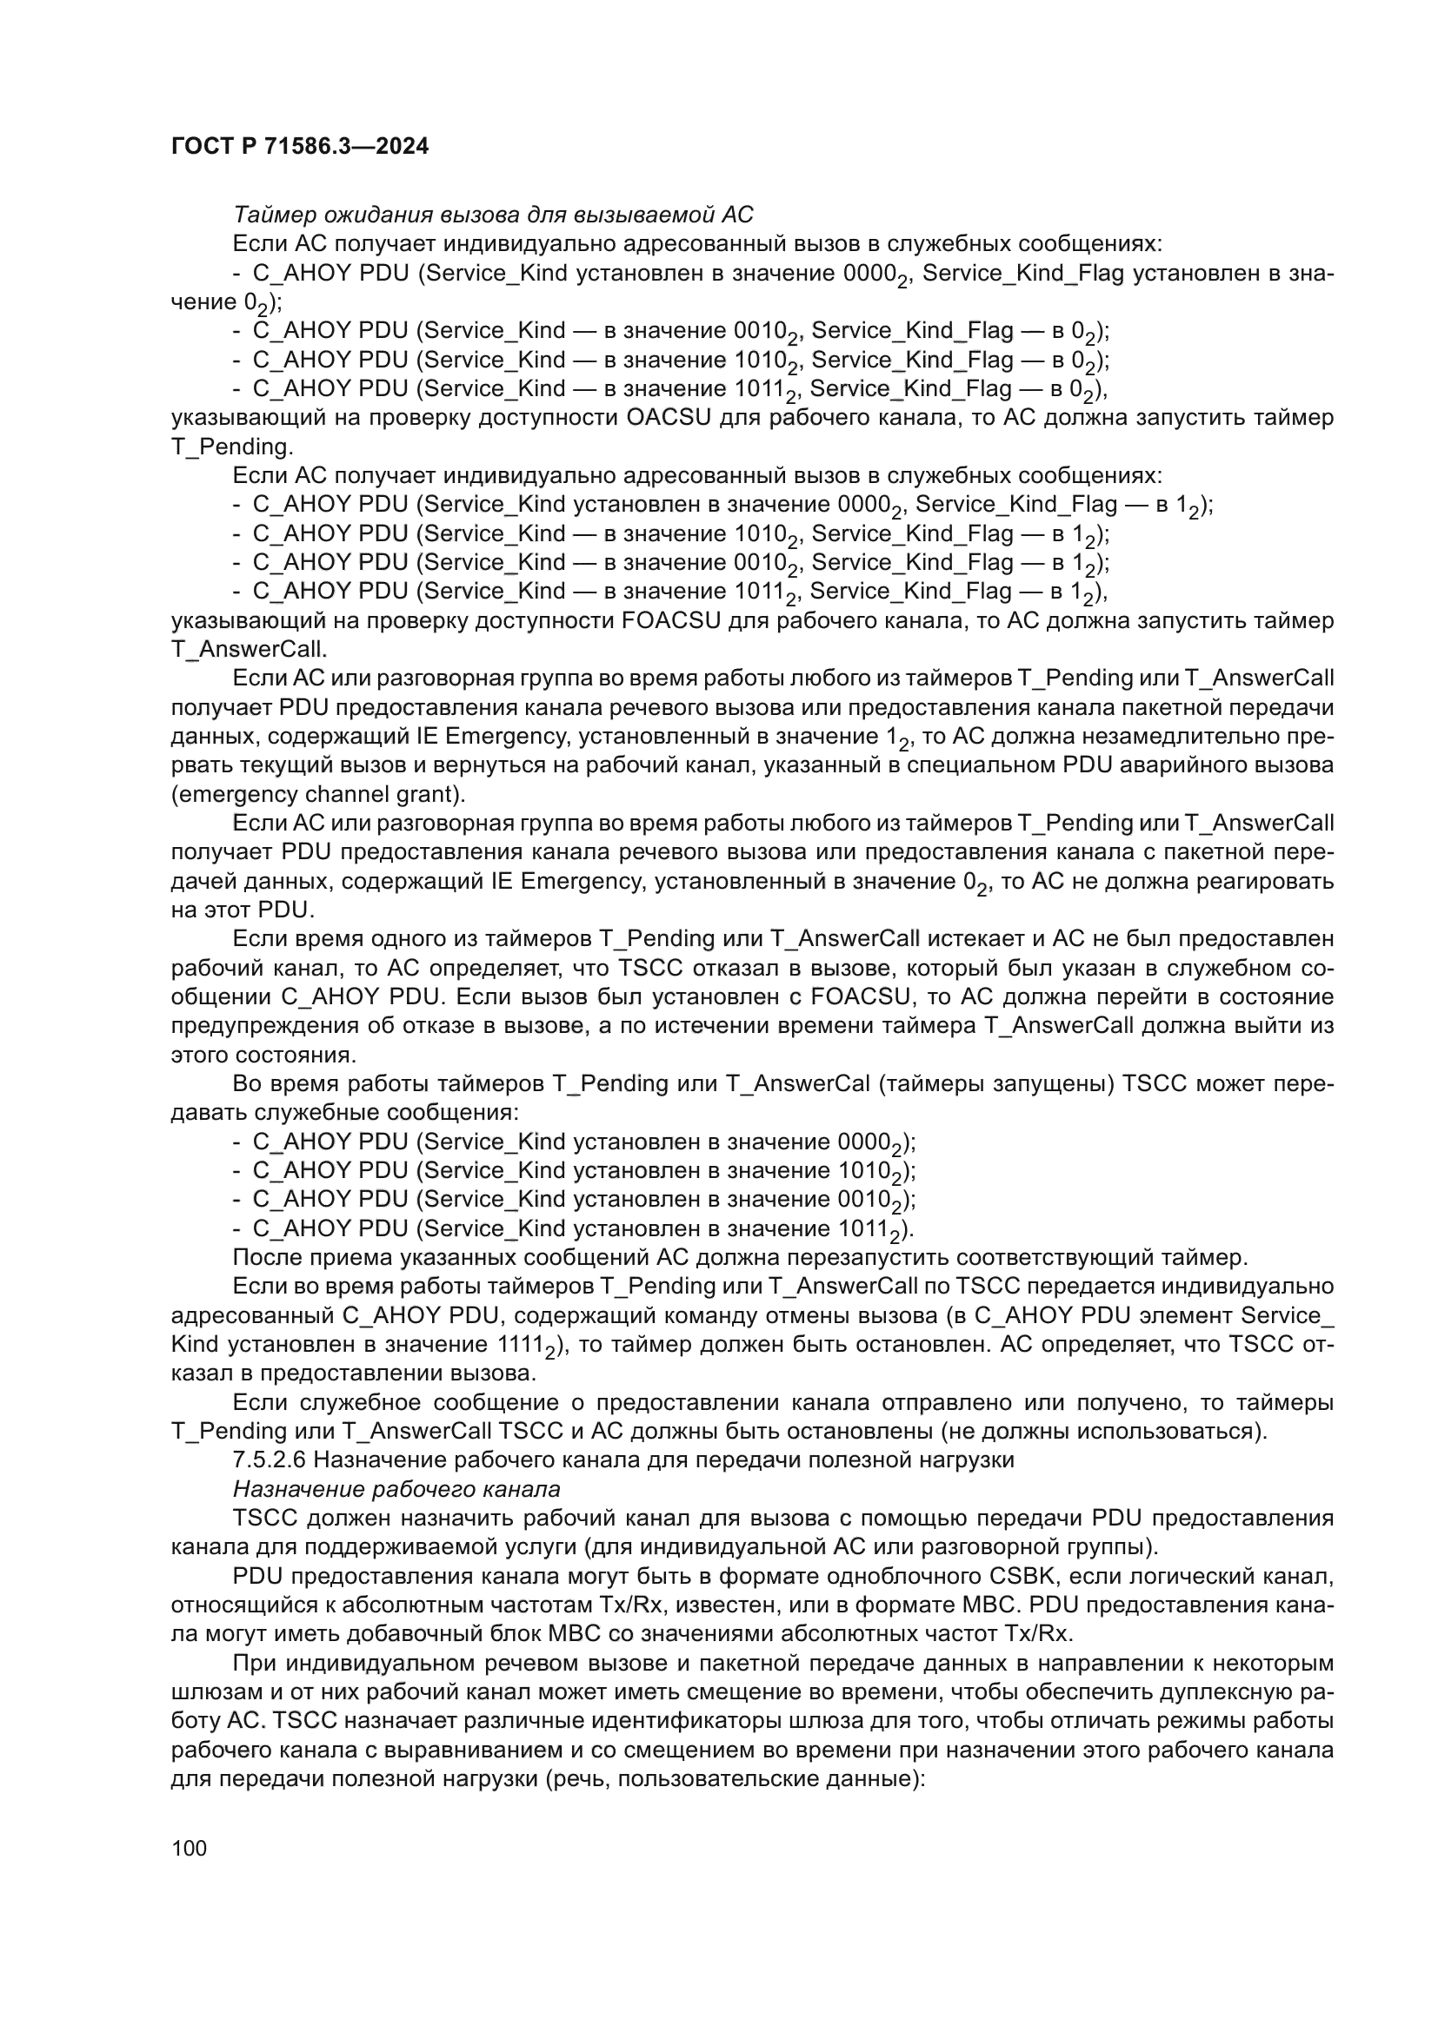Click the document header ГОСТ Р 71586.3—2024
pos(299,147)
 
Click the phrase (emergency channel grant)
pos(318,794)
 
